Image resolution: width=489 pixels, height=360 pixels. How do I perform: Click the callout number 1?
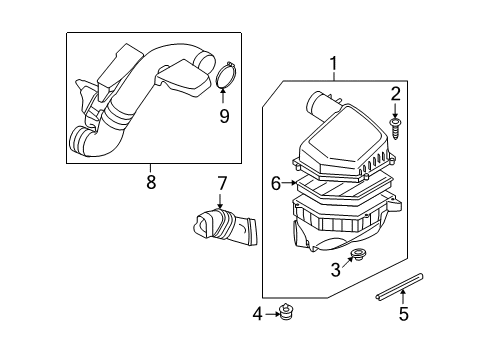(333, 65)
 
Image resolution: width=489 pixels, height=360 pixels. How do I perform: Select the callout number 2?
(395, 95)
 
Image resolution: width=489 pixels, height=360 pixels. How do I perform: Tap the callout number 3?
(336, 269)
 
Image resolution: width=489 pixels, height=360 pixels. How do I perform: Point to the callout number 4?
(257, 314)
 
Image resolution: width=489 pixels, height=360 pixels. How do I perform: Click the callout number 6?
(275, 183)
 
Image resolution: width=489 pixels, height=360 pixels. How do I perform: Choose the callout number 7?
(223, 183)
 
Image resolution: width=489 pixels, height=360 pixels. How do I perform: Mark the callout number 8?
(152, 181)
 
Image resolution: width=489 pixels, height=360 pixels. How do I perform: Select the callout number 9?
(224, 116)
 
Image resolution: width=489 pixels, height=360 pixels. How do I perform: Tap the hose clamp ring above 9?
(225, 77)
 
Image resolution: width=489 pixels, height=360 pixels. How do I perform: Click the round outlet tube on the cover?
(324, 104)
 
